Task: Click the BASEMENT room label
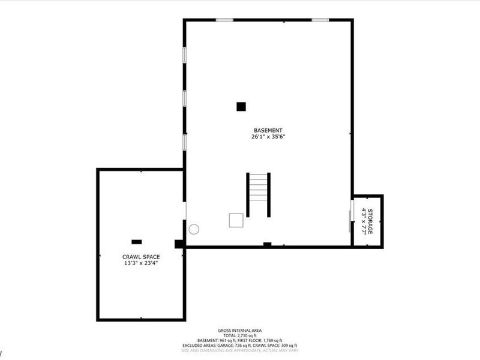268,130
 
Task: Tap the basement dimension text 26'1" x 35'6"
268,137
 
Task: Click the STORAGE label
370,221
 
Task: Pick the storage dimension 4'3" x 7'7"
363,221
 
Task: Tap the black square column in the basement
241,107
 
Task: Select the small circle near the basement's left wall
194,229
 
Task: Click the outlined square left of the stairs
236,220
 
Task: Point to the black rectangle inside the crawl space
137,242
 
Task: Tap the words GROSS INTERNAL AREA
239,331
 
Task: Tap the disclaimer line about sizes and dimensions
239,350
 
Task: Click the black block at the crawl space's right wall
179,244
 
